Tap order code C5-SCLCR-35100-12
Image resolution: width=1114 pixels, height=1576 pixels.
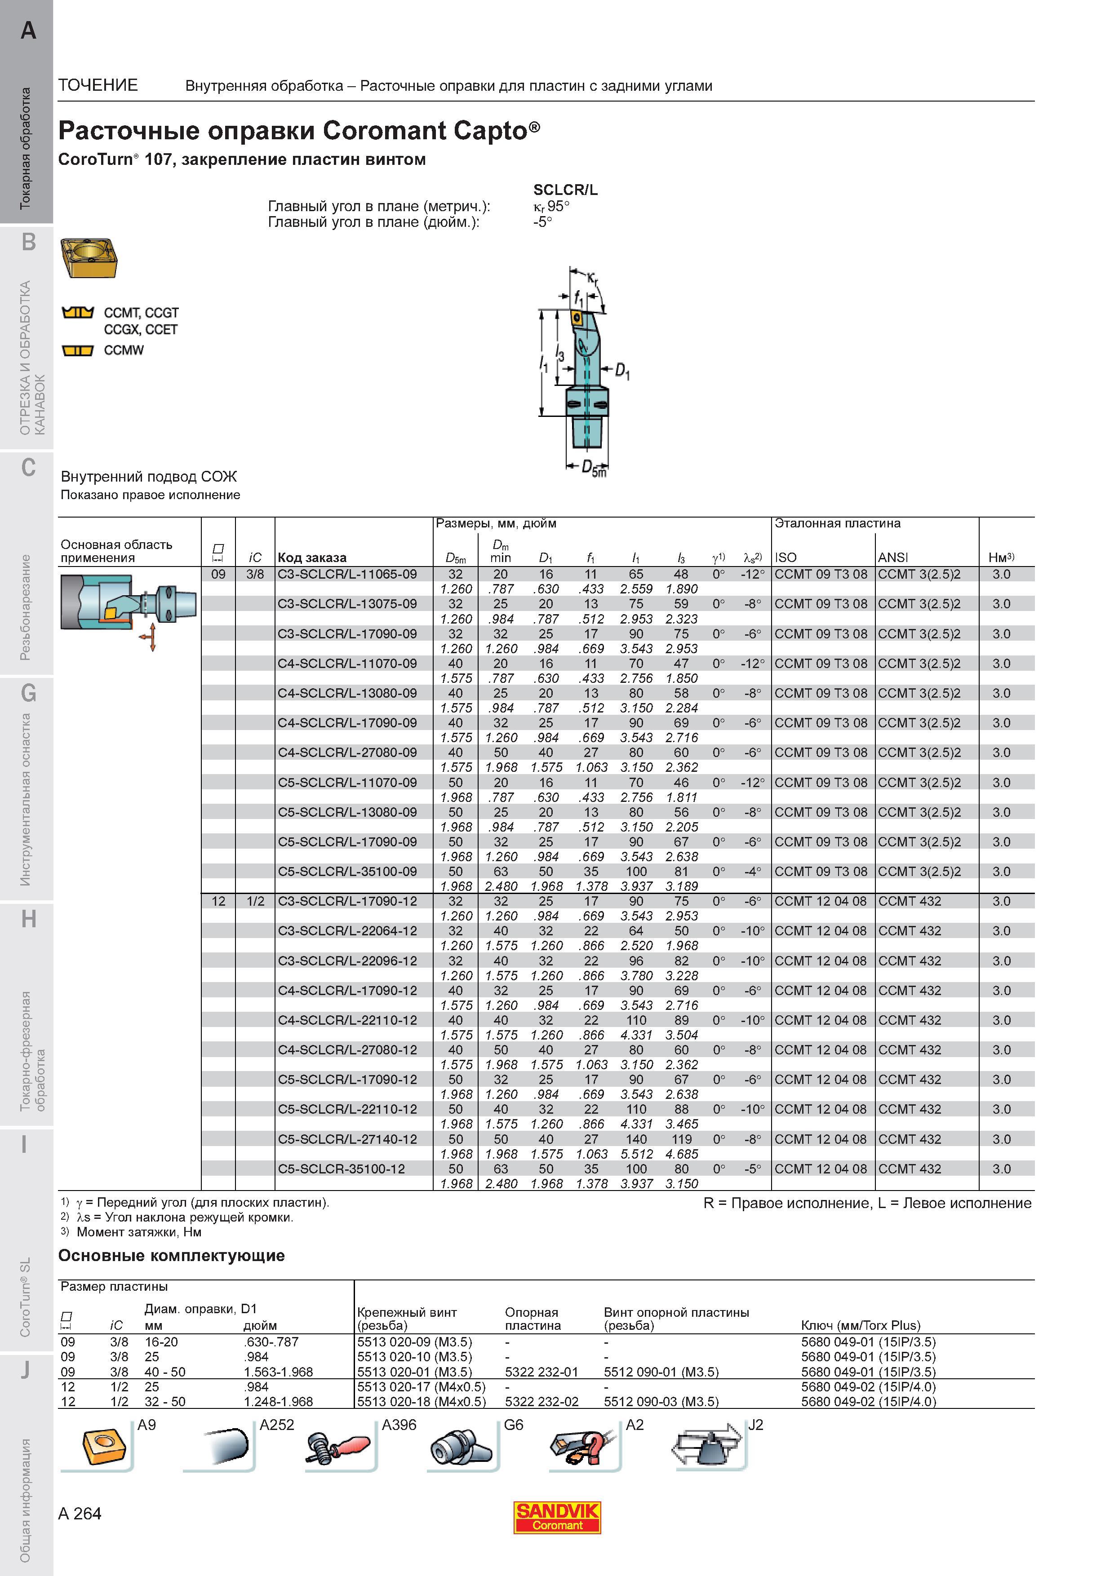click(341, 1168)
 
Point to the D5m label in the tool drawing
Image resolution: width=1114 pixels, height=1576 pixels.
click(594, 467)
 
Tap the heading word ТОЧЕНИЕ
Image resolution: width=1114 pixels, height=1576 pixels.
click(98, 85)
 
